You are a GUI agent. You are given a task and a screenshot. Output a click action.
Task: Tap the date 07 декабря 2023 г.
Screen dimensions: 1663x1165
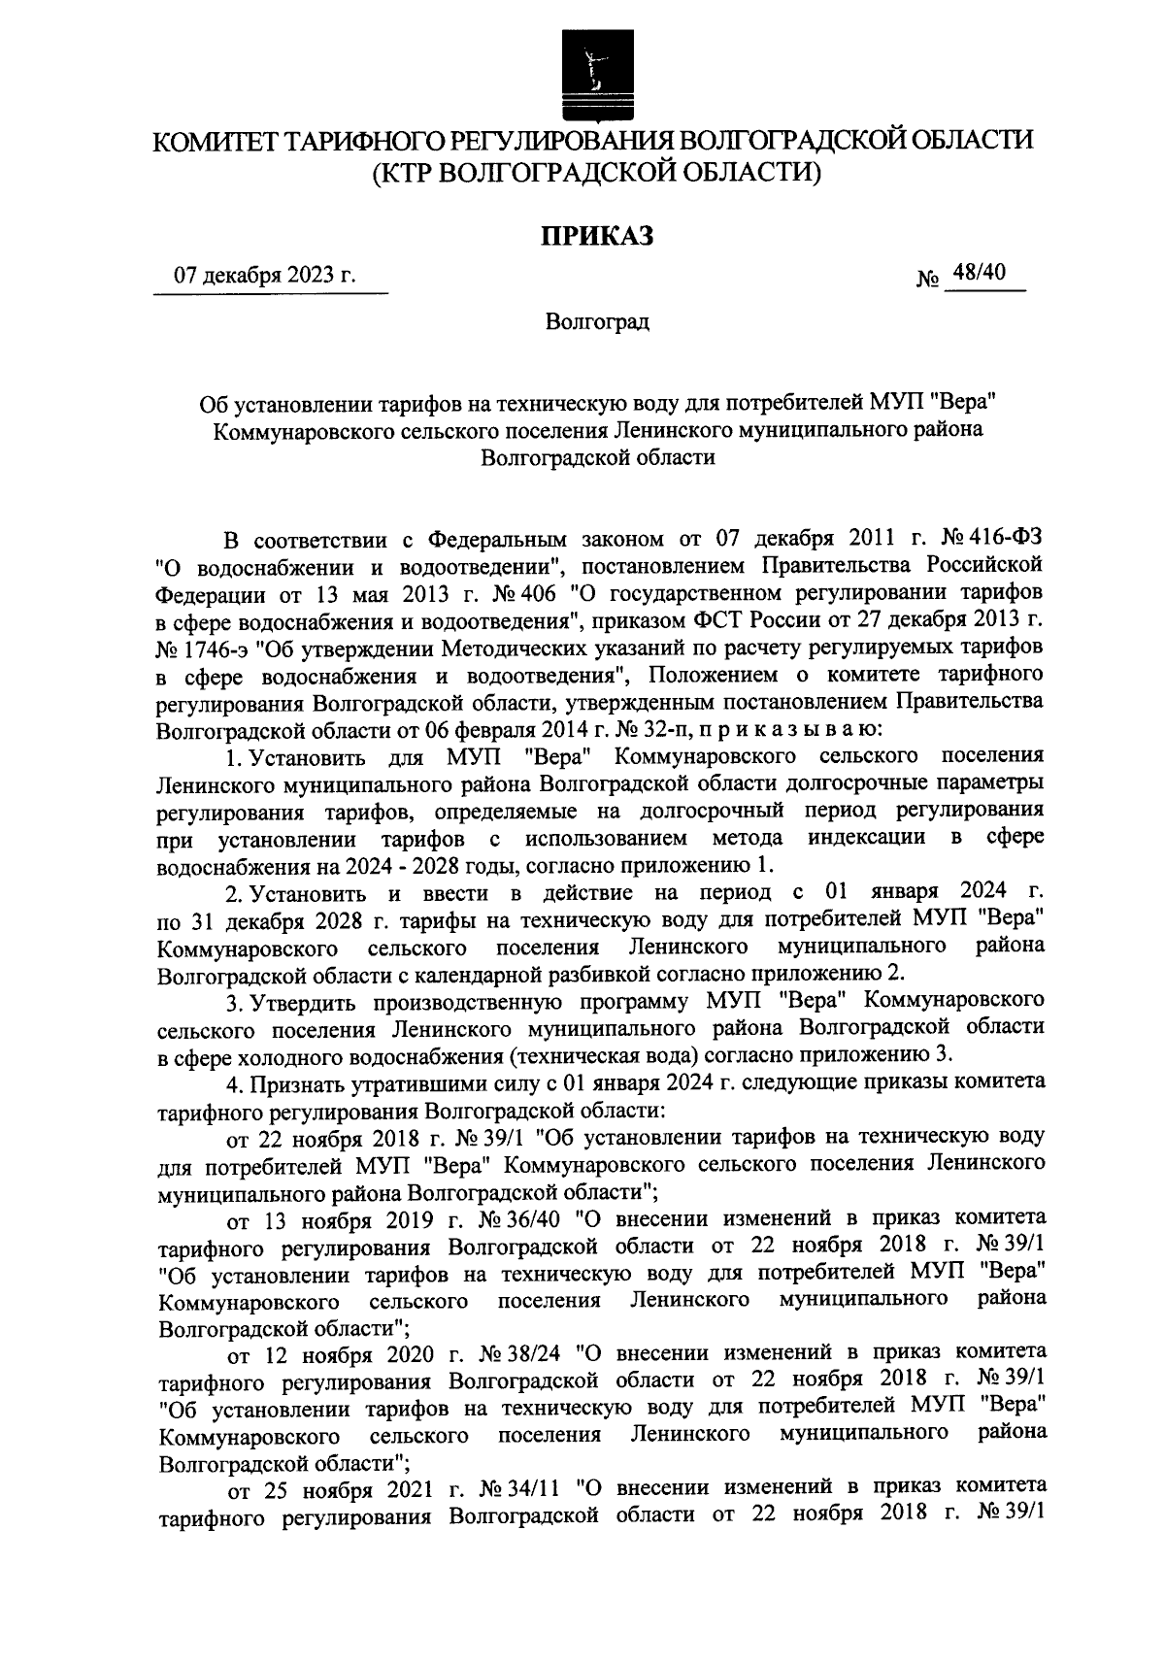[265, 276]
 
